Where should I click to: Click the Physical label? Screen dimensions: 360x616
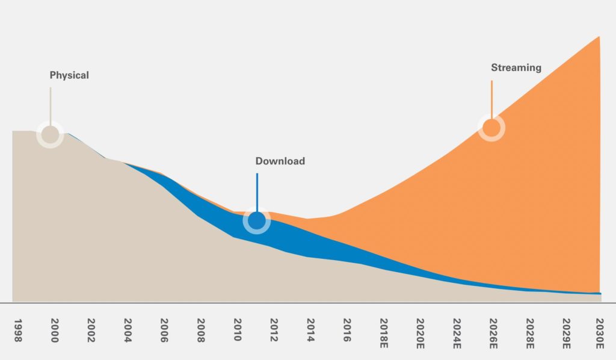point(69,76)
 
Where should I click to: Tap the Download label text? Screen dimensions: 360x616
point(280,161)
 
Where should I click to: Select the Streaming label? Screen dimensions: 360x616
point(516,68)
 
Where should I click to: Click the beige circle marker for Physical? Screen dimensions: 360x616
point(50,134)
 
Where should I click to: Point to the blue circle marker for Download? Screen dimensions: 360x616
point(257,222)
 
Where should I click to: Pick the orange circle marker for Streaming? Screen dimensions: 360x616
point(491,128)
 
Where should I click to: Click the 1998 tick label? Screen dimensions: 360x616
point(17,331)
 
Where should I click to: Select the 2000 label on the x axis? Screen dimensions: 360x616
point(54,331)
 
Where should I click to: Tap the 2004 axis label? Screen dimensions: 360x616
point(128,331)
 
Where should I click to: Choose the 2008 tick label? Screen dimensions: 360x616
point(201,331)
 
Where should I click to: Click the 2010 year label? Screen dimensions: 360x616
point(237,331)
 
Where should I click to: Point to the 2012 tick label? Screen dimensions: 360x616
point(274,331)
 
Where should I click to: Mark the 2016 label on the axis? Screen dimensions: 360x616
point(347,331)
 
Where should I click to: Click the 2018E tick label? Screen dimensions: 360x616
point(384,333)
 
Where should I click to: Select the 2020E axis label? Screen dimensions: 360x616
point(420,333)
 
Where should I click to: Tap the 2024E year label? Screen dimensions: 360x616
point(457,333)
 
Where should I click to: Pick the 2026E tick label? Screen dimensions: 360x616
point(493,333)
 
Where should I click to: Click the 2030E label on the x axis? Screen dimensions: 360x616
point(600,333)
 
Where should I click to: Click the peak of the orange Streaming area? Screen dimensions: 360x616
point(599,38)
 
